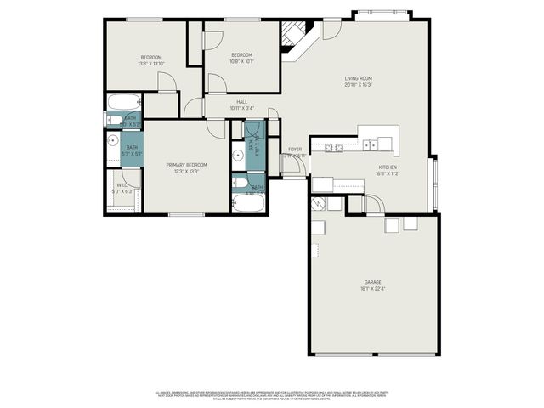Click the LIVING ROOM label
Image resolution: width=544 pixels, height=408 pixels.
point(358,78)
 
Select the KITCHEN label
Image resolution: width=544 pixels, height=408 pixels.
point(388,167)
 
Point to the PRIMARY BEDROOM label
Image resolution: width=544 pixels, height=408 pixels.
point(187,164)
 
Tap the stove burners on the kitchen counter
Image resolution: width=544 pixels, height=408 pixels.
point(332,148)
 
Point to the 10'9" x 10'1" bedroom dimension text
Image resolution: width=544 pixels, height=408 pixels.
point(242,60)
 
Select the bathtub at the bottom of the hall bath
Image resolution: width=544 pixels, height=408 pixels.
point(240,184)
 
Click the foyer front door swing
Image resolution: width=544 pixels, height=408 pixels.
point(292,166)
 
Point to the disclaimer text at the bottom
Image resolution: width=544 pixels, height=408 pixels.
point(271,396)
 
